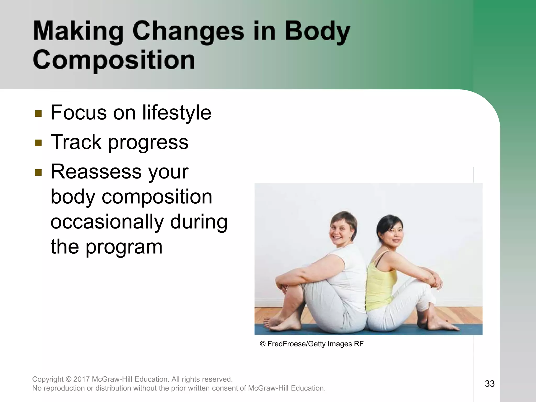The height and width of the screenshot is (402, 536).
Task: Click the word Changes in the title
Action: (x=188, y=32)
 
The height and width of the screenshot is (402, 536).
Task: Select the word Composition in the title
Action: (x=114, y=60)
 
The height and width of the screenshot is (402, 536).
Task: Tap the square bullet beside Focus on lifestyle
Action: (x=38, y=113)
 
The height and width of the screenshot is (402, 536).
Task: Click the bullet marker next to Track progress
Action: (x=38, y=143)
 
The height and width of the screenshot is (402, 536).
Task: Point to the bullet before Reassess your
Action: (x=38, y=172)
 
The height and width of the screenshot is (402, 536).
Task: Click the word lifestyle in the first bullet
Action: (x=177, y=113)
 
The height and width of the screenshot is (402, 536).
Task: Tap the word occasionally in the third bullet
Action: (x=107, y=222)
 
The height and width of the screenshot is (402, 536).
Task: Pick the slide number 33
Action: (x=490, y=384)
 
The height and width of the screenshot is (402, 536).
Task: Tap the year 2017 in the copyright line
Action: (x=82, y=379)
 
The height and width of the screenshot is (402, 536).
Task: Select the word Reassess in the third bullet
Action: (x=96, y=172)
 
